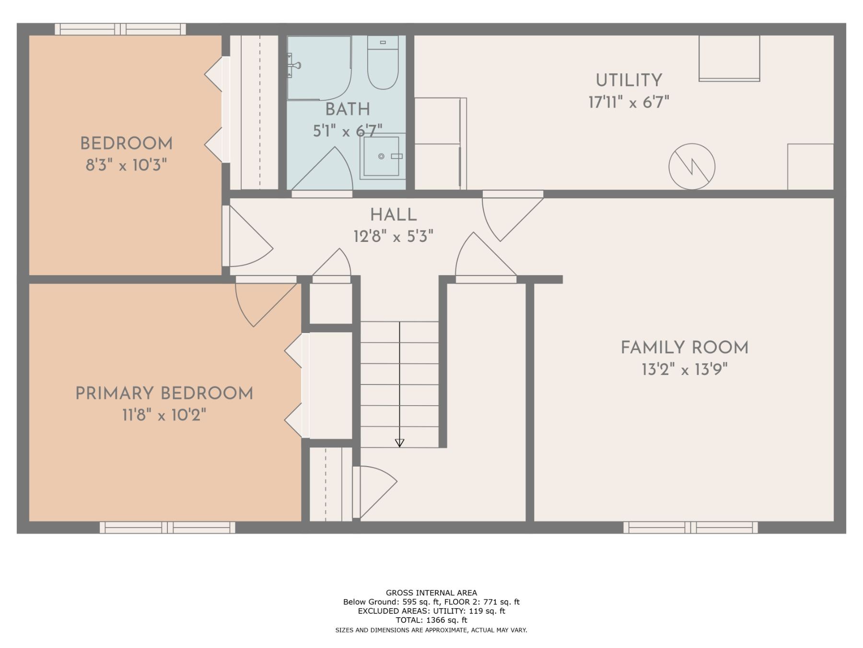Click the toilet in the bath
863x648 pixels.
pyautogui.click(x=383, y=62)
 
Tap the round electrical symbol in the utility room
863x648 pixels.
pyautogui.click(x=692, y=167)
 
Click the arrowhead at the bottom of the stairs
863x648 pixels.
pyautogui.click(x=399, y=443)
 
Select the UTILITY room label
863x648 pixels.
pyautogui.click(x=629, y=80)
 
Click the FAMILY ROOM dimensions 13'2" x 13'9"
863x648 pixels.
pyautogui.click(x=685, y=370)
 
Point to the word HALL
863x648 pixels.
pyautogui.click(x=393, y=215)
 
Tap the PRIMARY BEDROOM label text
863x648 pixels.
pyautogui.click(x=164, y=394)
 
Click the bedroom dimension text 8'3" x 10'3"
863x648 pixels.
pyautogui.click(x=126, y=166)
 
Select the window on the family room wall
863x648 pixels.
pyautogui.click(x=690, y=528)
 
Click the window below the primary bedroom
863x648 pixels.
pyautogui.click(x=167, y=528)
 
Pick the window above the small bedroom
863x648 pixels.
pyautogui.click(x=120, y=29)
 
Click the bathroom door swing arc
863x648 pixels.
pyautogui.click(x=322, y=170)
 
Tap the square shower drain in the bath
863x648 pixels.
pyautogui.click(x=381, y=156)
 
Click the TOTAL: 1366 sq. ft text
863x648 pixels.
pyautogui.click(x=431, y=620)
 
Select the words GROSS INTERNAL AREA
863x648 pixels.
pyautogui.click(x=431, y=593)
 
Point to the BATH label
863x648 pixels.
pyautogui.click(x=348, y=109)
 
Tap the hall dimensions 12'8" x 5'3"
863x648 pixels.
pyautogui.click(x=393, y=237)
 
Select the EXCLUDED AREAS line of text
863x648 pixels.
pyautogui.click(x=431, y=611)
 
